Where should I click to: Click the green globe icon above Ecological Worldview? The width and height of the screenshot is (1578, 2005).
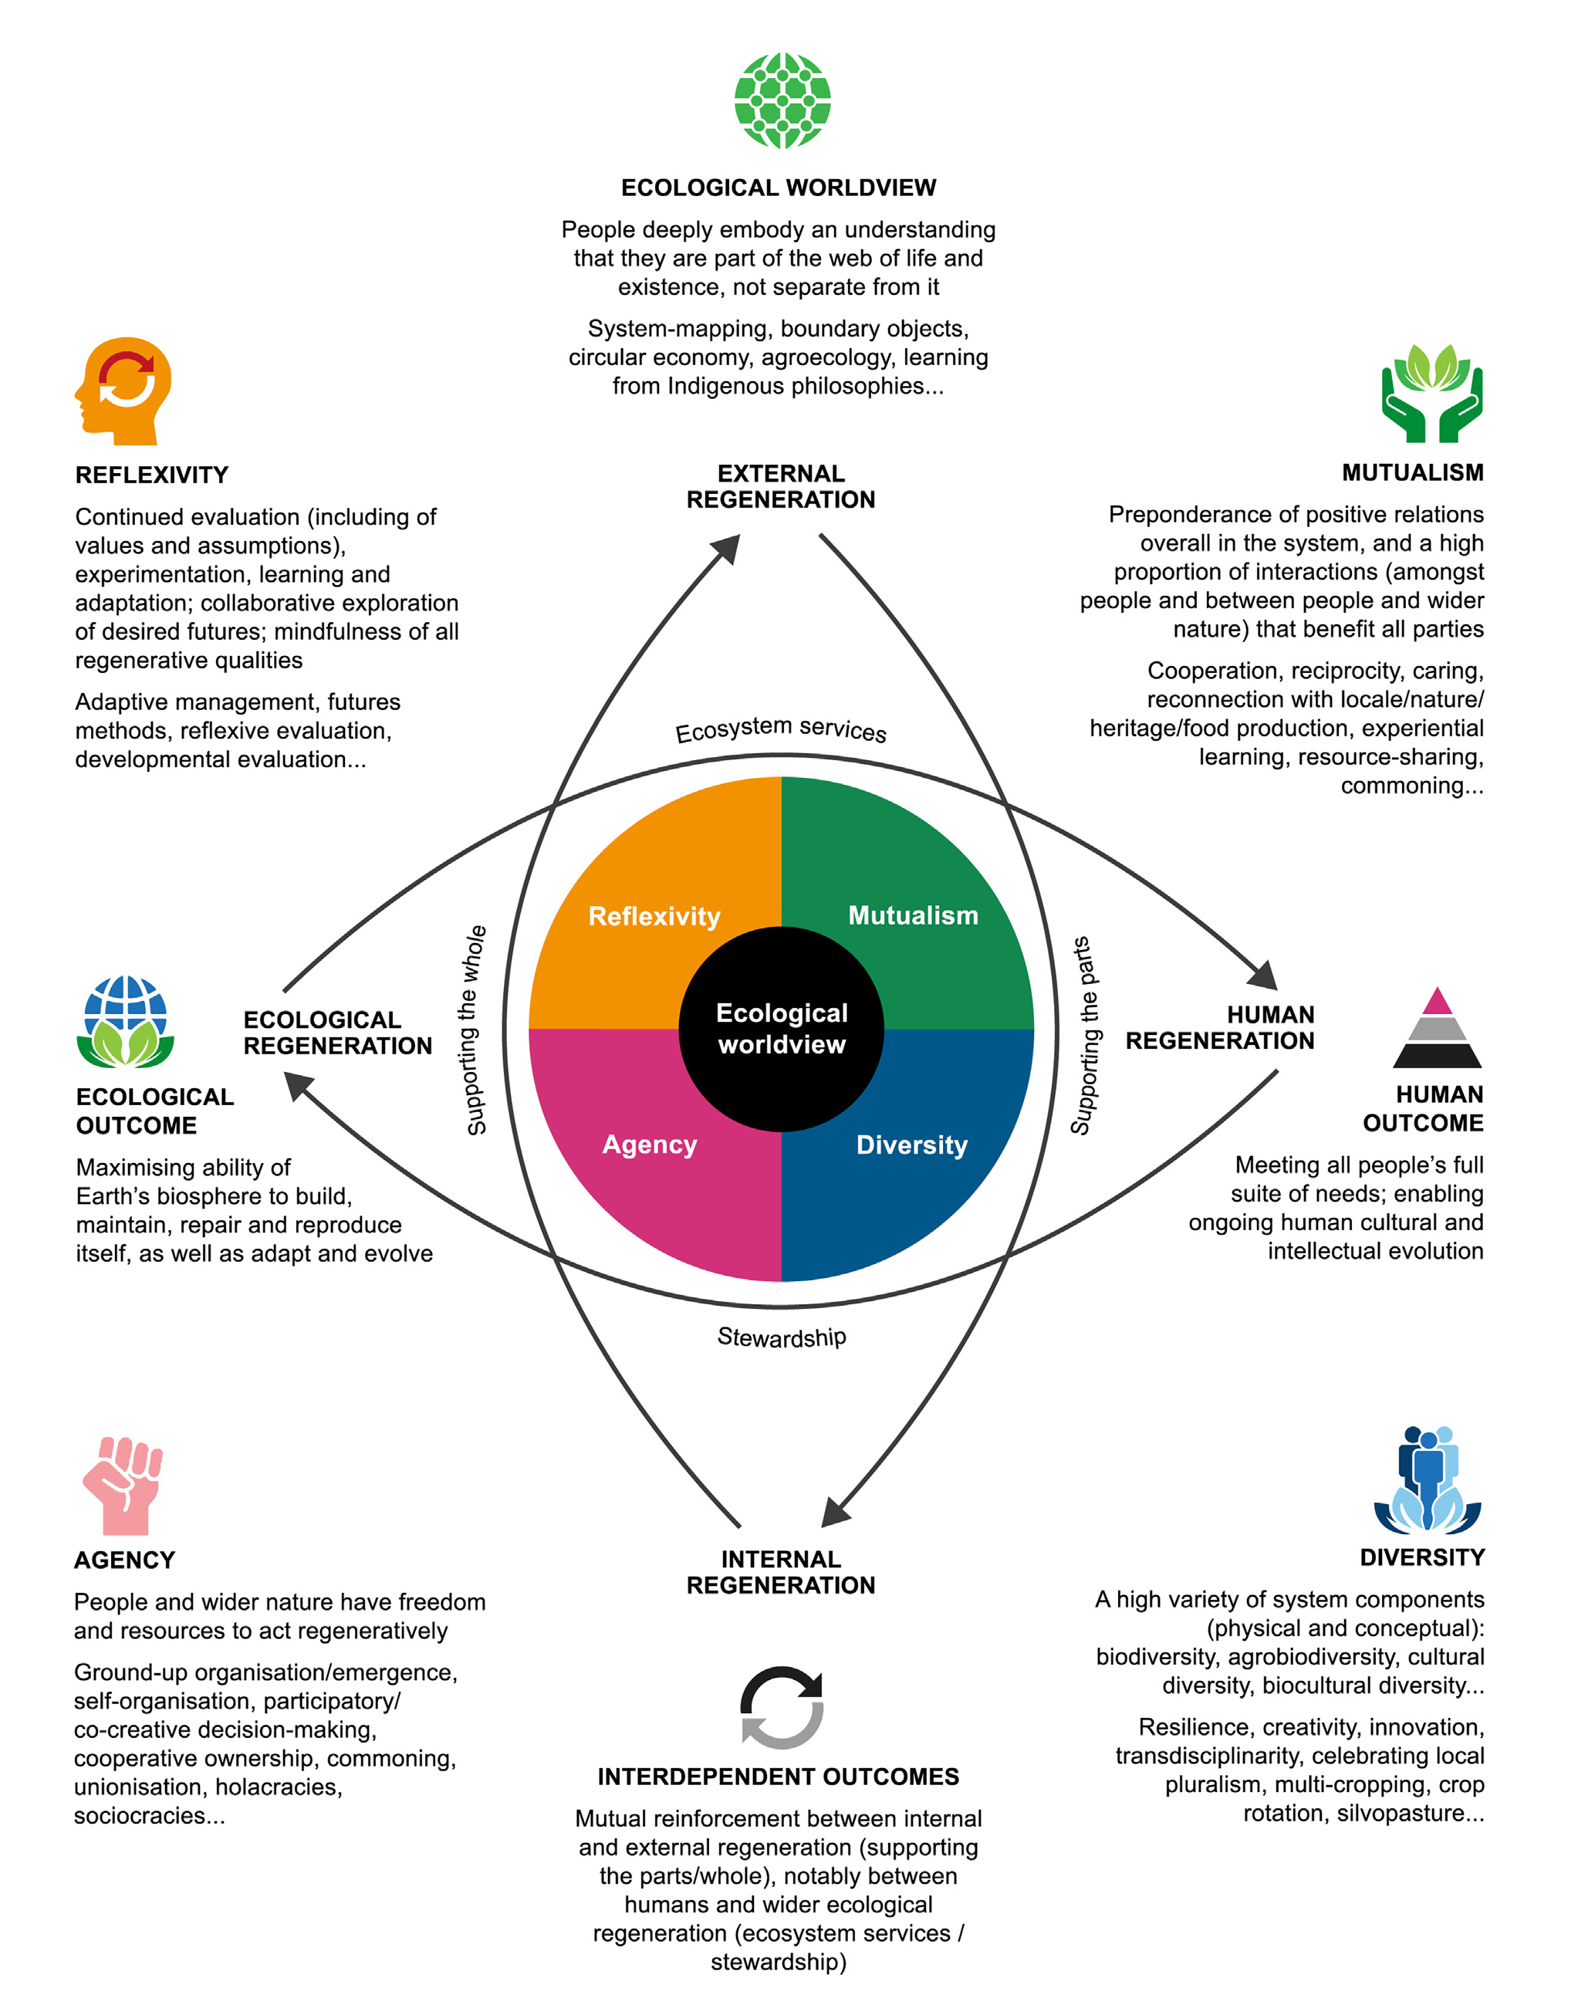(x=782, y=100)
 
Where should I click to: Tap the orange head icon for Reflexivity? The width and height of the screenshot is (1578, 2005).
(x=125, y=390)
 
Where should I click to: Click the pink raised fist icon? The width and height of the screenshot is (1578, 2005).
(x=123, y=1486)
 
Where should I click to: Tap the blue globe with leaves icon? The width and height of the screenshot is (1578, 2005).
(x=126, y=1022)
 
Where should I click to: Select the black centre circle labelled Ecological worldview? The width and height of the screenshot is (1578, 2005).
(x=782, y=1029)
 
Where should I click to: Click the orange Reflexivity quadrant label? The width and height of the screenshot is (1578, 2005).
(x=654, y=917)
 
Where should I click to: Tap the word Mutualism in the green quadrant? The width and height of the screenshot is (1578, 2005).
(x=913, y=915)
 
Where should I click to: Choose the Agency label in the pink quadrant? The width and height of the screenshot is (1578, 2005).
(x=650, y=1145)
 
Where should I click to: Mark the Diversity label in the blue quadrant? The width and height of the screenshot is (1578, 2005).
(x=912, y=1145)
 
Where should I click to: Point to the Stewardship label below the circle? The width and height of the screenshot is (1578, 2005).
(x=782, y=1337)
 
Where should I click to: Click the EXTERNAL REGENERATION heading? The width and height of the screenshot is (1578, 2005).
(x=781, y=487)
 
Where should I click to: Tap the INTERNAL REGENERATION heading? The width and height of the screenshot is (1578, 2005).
(x=781, y=1571)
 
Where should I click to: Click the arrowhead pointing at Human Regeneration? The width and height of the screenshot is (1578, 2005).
(x=1264, y=975)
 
